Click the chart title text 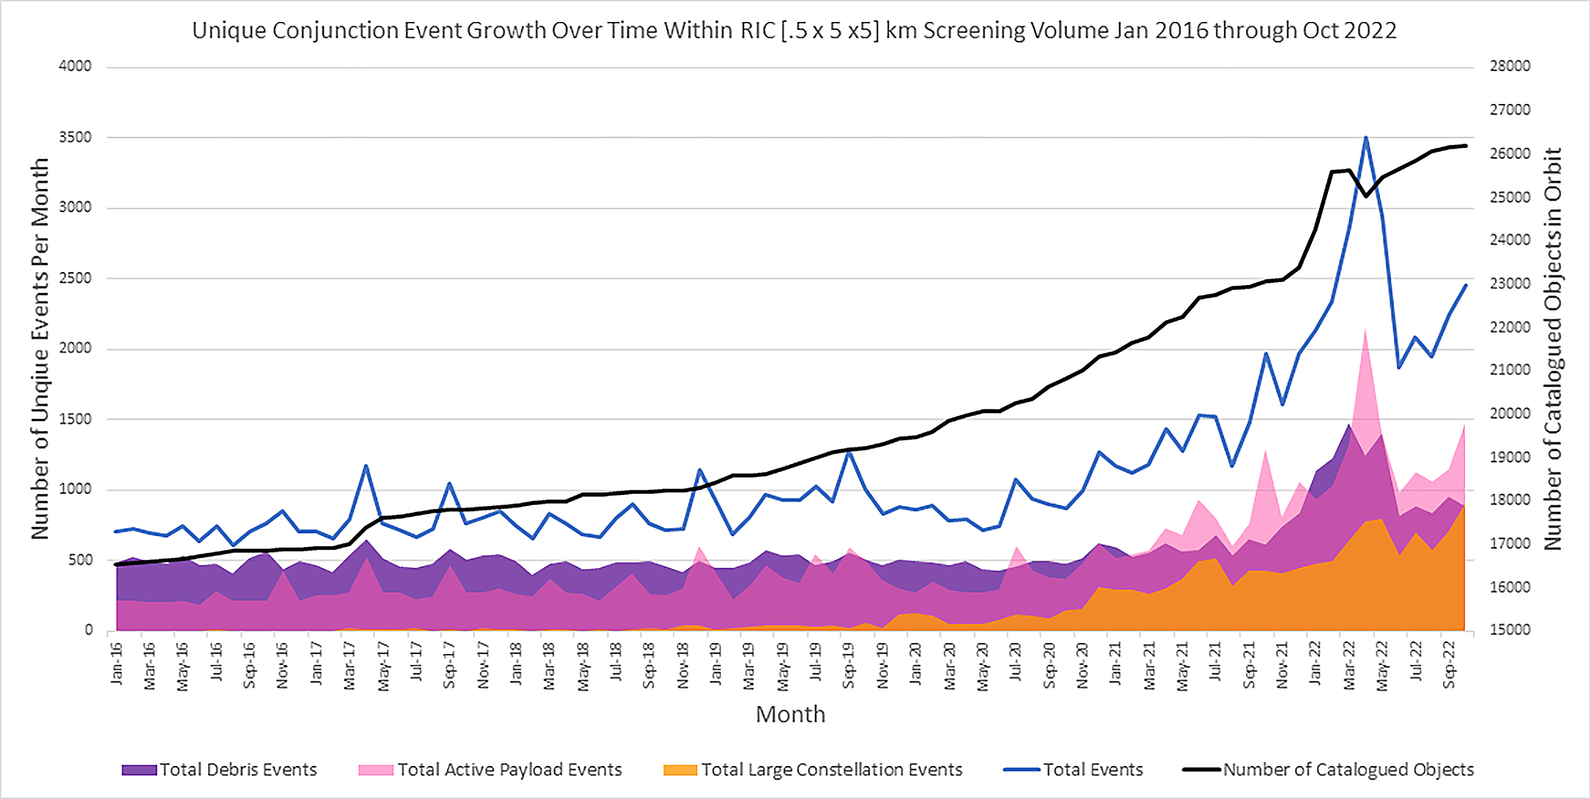point(794,30)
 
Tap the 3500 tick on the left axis point(75,137)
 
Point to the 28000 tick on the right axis point(1510,66)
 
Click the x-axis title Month point(790,715)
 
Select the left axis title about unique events point(40,349)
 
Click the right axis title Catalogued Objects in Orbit point(1552,349)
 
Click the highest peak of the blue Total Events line point(1366,138)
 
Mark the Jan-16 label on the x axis point(116,664)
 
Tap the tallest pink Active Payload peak point(1366,329)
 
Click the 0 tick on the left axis point(88,630)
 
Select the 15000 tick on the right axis point(1510,630)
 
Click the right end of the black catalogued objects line point(1466,146)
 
